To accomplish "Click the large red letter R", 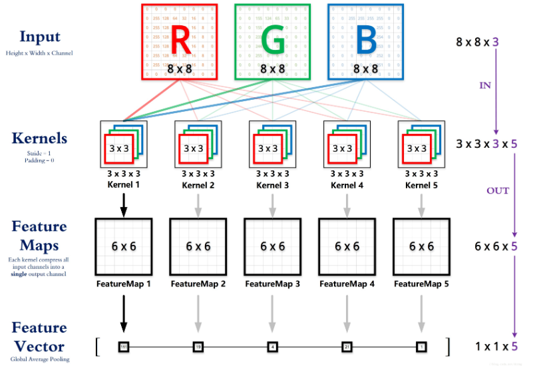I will [x=180, y=40].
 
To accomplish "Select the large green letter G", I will [x=272, y=40].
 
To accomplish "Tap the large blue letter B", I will [x=365, y=40].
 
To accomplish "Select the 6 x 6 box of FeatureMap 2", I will [x=198, y=246].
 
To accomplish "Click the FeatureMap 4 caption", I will [x=347, y=284].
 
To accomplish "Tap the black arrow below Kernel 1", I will [x=123, y=202].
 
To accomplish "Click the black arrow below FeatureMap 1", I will [x=123, y=313].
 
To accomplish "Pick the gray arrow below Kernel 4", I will [x=347, y=202].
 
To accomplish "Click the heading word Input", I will [x=40, y=37].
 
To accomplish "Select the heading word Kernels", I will [x=39, y=138].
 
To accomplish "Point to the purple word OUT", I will [x=498, y=191].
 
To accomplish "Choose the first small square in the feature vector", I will [x=123, y=347].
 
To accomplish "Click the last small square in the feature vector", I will [x=421, y=347].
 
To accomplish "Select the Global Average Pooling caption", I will [x=39, y=359].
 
